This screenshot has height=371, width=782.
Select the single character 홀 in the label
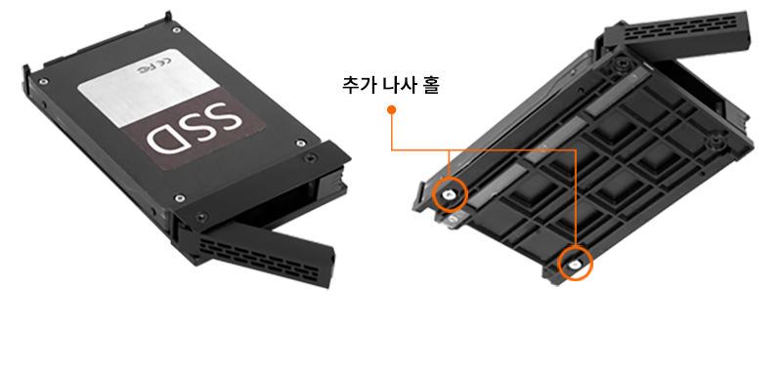[431, 84]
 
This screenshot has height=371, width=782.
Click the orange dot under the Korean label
[392, 109]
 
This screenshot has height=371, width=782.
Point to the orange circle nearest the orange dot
[450, 194]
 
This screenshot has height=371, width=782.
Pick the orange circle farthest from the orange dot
[575, 263]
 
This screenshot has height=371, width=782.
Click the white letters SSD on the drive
[195, 128]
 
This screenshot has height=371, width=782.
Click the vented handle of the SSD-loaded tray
[260, 253]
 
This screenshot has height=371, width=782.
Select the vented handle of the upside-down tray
[678, 34]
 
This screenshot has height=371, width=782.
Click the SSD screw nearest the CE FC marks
[176, 31]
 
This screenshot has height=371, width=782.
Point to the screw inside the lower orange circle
[576, 264]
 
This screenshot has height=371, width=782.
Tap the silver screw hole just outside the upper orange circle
[452, 219]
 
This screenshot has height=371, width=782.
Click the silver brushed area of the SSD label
[148, 87]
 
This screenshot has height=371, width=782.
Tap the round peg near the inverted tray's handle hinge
[620, 63]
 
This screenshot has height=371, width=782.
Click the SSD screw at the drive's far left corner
[44, 81]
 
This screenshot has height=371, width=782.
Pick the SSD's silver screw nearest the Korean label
[299, 144]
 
